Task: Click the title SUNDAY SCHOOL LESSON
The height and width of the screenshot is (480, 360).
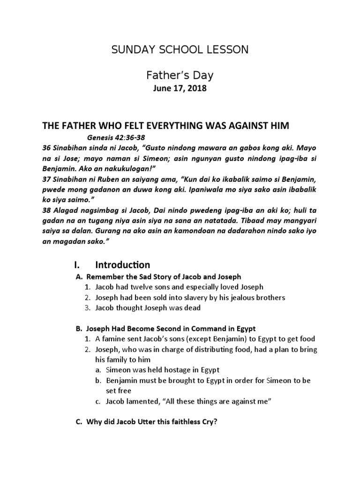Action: tap(180, 50)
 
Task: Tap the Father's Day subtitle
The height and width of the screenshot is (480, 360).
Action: tap(180, 75)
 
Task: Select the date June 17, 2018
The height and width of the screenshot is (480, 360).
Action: tap(180, 90)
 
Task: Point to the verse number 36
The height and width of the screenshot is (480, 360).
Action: tap(47, 149)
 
